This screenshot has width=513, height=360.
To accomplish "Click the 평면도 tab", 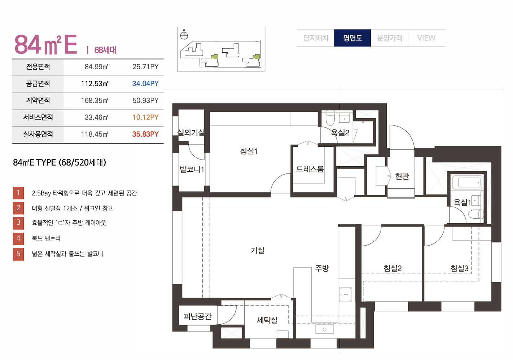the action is coord(352,38).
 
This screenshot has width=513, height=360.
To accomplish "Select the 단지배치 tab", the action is coord(316,38).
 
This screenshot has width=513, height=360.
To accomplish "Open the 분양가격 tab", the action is coord(389,38).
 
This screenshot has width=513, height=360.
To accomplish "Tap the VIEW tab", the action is coord(426,38).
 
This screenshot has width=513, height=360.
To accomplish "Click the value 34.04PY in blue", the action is coord(145,84).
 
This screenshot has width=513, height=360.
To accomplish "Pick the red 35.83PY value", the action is coord(145,134).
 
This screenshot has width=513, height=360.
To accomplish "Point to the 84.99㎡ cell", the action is coord(96,67).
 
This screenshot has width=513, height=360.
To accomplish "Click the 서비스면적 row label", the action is coord(38,117).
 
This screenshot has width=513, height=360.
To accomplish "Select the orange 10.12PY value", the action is coord(145,117).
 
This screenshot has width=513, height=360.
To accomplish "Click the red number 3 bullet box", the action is coord(18,223).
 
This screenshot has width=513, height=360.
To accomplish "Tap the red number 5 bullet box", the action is coord(18,254).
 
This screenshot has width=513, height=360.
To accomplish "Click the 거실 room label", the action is coord(258,250).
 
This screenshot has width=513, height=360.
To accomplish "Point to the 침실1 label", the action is coord(249,151).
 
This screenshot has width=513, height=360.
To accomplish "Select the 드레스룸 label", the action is coord(310,169).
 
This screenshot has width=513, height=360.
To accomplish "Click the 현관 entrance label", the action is coord(402,176).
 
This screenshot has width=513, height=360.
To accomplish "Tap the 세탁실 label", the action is coord(267,320).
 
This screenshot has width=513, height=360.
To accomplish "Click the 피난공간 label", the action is coord(197,316).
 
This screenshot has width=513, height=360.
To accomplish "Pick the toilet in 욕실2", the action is coord(330,118).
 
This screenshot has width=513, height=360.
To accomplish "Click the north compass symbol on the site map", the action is coord(184,35).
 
